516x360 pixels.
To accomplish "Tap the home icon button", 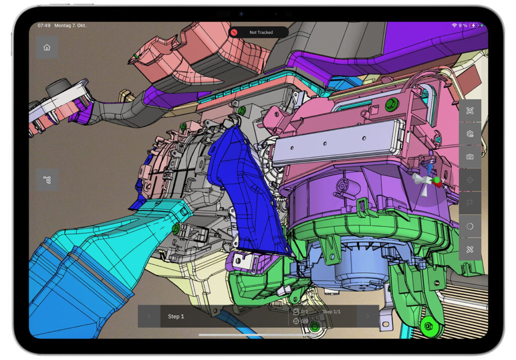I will (47, 48).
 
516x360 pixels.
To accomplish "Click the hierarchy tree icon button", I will (47, 180).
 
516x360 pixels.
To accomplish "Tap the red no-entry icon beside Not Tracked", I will (234, 32).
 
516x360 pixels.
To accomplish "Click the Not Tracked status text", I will (261, 32).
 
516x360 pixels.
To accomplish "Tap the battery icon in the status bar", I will (476, 25).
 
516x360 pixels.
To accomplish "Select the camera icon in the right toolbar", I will (470, 157).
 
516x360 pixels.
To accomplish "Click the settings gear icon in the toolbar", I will (470, 134).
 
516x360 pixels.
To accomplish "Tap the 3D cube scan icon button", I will (470, 111).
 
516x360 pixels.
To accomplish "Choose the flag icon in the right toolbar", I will (470, 203).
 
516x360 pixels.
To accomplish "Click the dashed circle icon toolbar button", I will (470, 226).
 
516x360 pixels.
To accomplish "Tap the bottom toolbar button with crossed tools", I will (470, 249).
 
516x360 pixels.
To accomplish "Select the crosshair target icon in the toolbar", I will (470, 180).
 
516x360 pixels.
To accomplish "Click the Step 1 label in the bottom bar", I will (176, 317).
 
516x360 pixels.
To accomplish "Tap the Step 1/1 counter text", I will (332, 312).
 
